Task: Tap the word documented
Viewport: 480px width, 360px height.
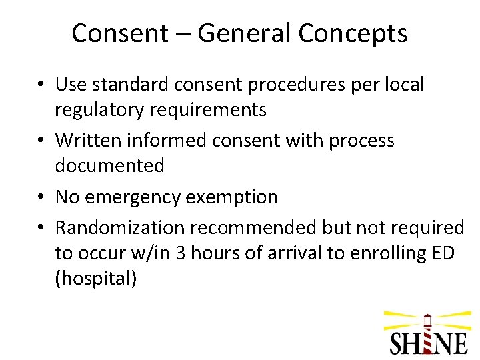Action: click(x=109, y=166)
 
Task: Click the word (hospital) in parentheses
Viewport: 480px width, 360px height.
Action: click(x=96, y=279)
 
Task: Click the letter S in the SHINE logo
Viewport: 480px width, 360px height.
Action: click(x=399, y=342)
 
